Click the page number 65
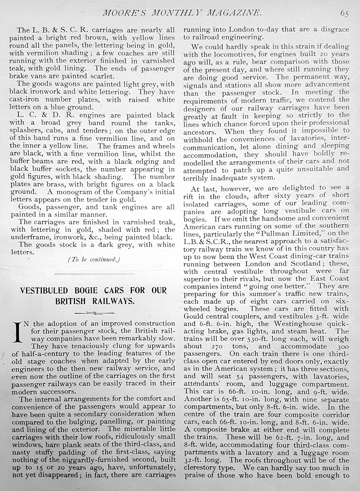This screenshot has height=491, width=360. tap(344, 13)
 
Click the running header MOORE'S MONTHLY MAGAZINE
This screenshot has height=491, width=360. tap(182, 13)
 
